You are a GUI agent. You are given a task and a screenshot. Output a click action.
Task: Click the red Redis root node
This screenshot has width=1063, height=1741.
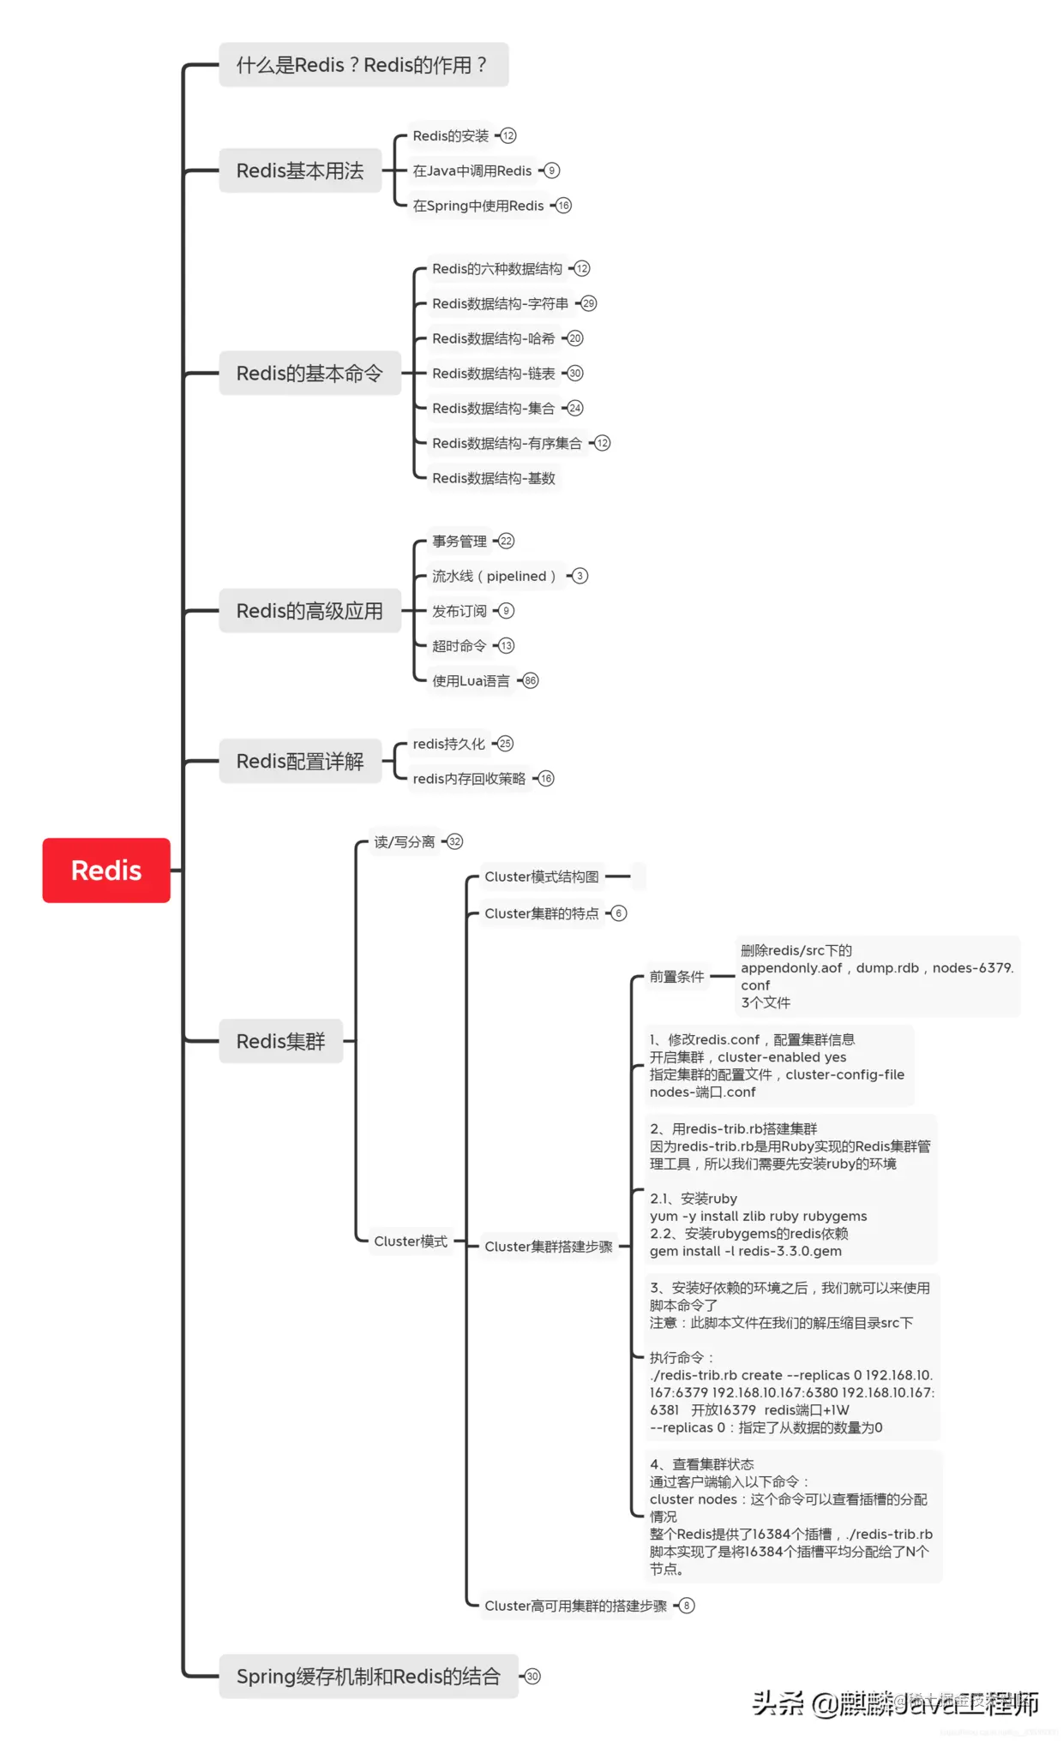tap(106, 870)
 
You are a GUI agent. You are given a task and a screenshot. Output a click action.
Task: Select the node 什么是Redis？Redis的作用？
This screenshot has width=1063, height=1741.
tap(363, 65)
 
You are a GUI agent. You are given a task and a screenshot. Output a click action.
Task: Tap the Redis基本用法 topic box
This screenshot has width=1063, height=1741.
tap(300, 171)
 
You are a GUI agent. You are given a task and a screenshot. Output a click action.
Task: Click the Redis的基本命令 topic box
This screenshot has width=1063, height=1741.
tap(309, 374)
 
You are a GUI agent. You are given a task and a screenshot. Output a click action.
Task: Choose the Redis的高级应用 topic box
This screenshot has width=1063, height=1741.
tap(309, 611)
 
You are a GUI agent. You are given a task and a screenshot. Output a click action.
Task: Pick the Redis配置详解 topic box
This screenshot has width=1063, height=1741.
tap(300, 761)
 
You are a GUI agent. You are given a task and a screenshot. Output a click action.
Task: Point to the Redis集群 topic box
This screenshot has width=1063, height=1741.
tap(281, 1041)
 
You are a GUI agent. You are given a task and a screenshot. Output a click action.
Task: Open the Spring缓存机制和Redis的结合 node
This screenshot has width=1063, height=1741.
tap(369, 1676)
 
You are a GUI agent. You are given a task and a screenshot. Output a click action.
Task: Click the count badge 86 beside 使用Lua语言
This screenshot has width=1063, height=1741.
tap(531, 680)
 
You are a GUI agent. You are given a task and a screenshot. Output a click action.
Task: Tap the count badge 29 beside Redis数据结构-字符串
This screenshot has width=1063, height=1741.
tap(588, 303)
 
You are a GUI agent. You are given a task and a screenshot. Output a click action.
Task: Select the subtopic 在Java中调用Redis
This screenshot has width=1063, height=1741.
tap(472, 171)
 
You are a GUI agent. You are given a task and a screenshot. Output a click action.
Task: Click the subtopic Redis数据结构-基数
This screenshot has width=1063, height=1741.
tap(494, 478)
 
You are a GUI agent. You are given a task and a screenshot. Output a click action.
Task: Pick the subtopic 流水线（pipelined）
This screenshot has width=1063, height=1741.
tap(494, 576)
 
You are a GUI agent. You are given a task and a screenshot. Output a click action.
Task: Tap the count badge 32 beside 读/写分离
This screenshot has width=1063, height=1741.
tap(455, 841)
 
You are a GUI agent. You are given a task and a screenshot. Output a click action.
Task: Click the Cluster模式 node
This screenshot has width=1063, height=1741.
tap(411, 1241)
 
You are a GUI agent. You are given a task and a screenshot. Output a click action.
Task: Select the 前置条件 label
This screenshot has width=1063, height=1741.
tap(676, 976)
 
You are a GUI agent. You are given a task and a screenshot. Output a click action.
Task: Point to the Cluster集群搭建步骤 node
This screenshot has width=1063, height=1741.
tap(549, 1246)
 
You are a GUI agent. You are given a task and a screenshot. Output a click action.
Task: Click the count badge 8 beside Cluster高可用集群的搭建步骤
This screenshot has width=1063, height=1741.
tap(687, 1605)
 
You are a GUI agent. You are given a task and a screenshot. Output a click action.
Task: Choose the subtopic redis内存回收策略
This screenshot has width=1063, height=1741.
tap(469, 778)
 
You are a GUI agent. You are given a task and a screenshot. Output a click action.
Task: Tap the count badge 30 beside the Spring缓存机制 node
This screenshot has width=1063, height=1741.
tap(532, 1676)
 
